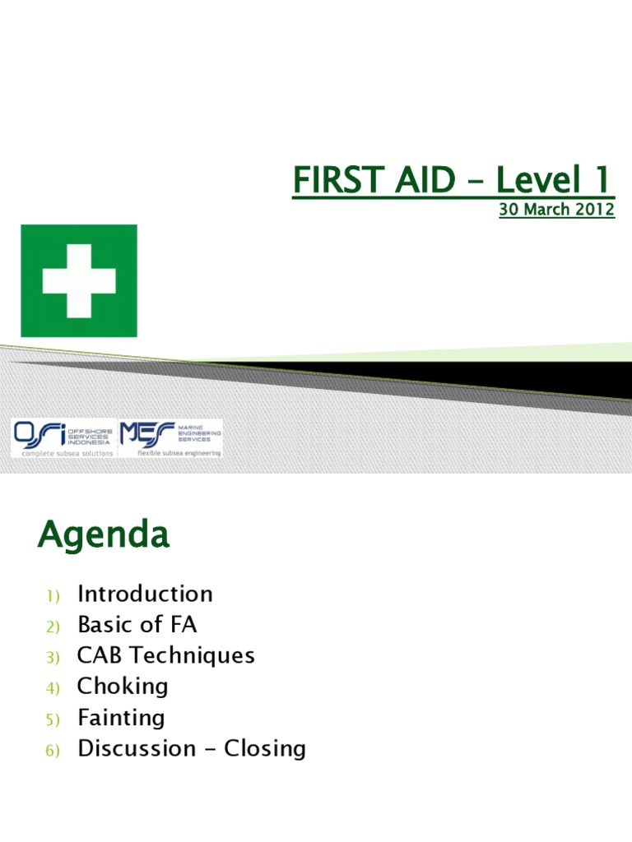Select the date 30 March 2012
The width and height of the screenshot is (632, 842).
(x=556, y=209)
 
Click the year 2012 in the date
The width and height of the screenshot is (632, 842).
(x=595, y=209)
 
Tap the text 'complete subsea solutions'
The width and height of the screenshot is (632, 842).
(x=63, y=453)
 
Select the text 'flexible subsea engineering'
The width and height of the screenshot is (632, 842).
(x=172, y=453)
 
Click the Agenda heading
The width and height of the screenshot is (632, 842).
(x=103, y=536)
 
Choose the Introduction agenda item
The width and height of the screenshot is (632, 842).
(x=145, y=594)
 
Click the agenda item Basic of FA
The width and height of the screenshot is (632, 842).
(x=137, y=625)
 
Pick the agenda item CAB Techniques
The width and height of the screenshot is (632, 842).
(x=165, y=655)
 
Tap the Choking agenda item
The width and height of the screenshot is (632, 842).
(x=123, y=686)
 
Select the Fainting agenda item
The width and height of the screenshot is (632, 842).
(x=121, y=717)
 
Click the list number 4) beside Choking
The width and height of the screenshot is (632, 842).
(x=53, y=688)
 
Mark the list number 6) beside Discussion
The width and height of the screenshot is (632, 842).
(x=53, y=751)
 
